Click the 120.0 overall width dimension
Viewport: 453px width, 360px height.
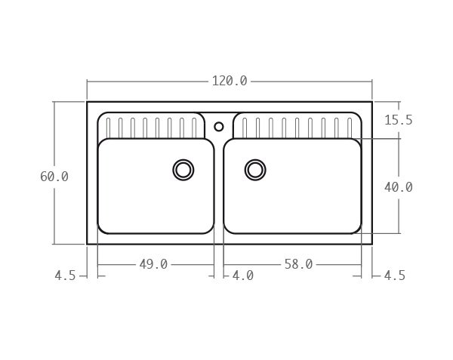coord(229,81)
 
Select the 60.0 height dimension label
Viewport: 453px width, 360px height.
coord(54,177)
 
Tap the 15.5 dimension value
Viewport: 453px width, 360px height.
coord(398,120)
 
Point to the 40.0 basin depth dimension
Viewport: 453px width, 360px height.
coord(398,187)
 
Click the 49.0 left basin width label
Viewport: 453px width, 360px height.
coord(153,264)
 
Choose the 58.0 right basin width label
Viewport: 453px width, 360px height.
coord(298,264)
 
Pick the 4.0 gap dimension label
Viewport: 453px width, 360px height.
coord(242,276)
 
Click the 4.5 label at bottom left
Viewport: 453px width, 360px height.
coord(65,276)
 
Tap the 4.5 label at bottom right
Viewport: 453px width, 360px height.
coord(395,276)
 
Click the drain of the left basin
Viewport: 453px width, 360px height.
coord(183,170)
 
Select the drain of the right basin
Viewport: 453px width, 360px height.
coord(255,170)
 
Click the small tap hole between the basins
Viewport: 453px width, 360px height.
coord(219,127)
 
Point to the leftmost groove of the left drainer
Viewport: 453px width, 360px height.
coord(106,128)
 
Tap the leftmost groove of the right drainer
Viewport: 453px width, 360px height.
coord(245,128)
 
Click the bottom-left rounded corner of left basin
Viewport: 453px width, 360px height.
coord(103,229)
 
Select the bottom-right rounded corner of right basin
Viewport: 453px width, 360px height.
coord(356,229)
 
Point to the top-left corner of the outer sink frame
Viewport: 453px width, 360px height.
coord(87,102)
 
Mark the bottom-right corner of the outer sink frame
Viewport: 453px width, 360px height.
coord(371,244)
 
